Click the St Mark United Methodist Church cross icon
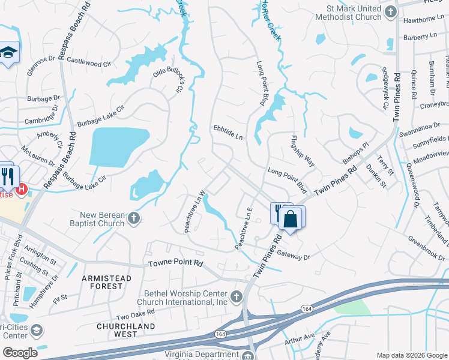(391, 11)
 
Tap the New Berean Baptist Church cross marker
(134, 219)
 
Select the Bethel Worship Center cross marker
(237, 296)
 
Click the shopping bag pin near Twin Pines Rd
(291, 219)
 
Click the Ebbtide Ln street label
(228, 132)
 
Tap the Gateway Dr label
(295, 256)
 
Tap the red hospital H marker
(22, 190)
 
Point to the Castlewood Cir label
(90, 61)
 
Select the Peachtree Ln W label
(196, 211)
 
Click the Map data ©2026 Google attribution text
(411, 355)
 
